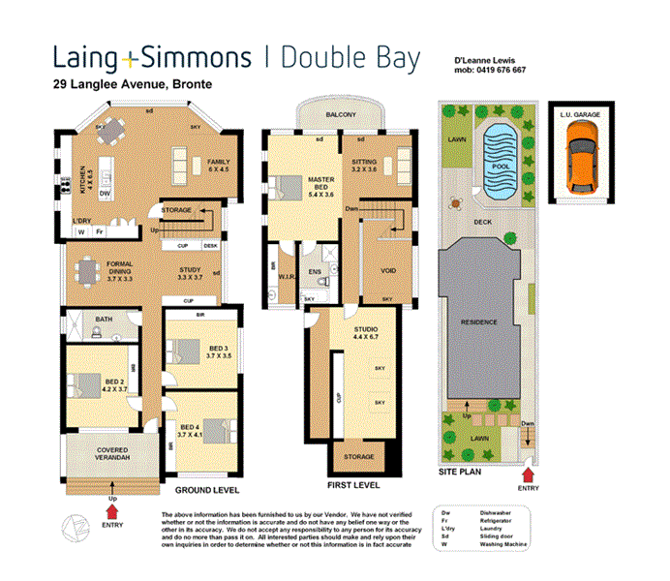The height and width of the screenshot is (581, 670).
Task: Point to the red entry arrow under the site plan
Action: [x=528, y=474]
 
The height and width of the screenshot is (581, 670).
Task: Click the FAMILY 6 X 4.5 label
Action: [x=218, y=166]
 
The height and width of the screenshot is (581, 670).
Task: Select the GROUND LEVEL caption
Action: [x=212, y=491]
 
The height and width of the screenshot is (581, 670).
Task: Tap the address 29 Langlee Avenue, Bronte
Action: [x=133, y=84]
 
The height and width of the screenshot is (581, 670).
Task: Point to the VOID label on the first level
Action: [x=387, y=271]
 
